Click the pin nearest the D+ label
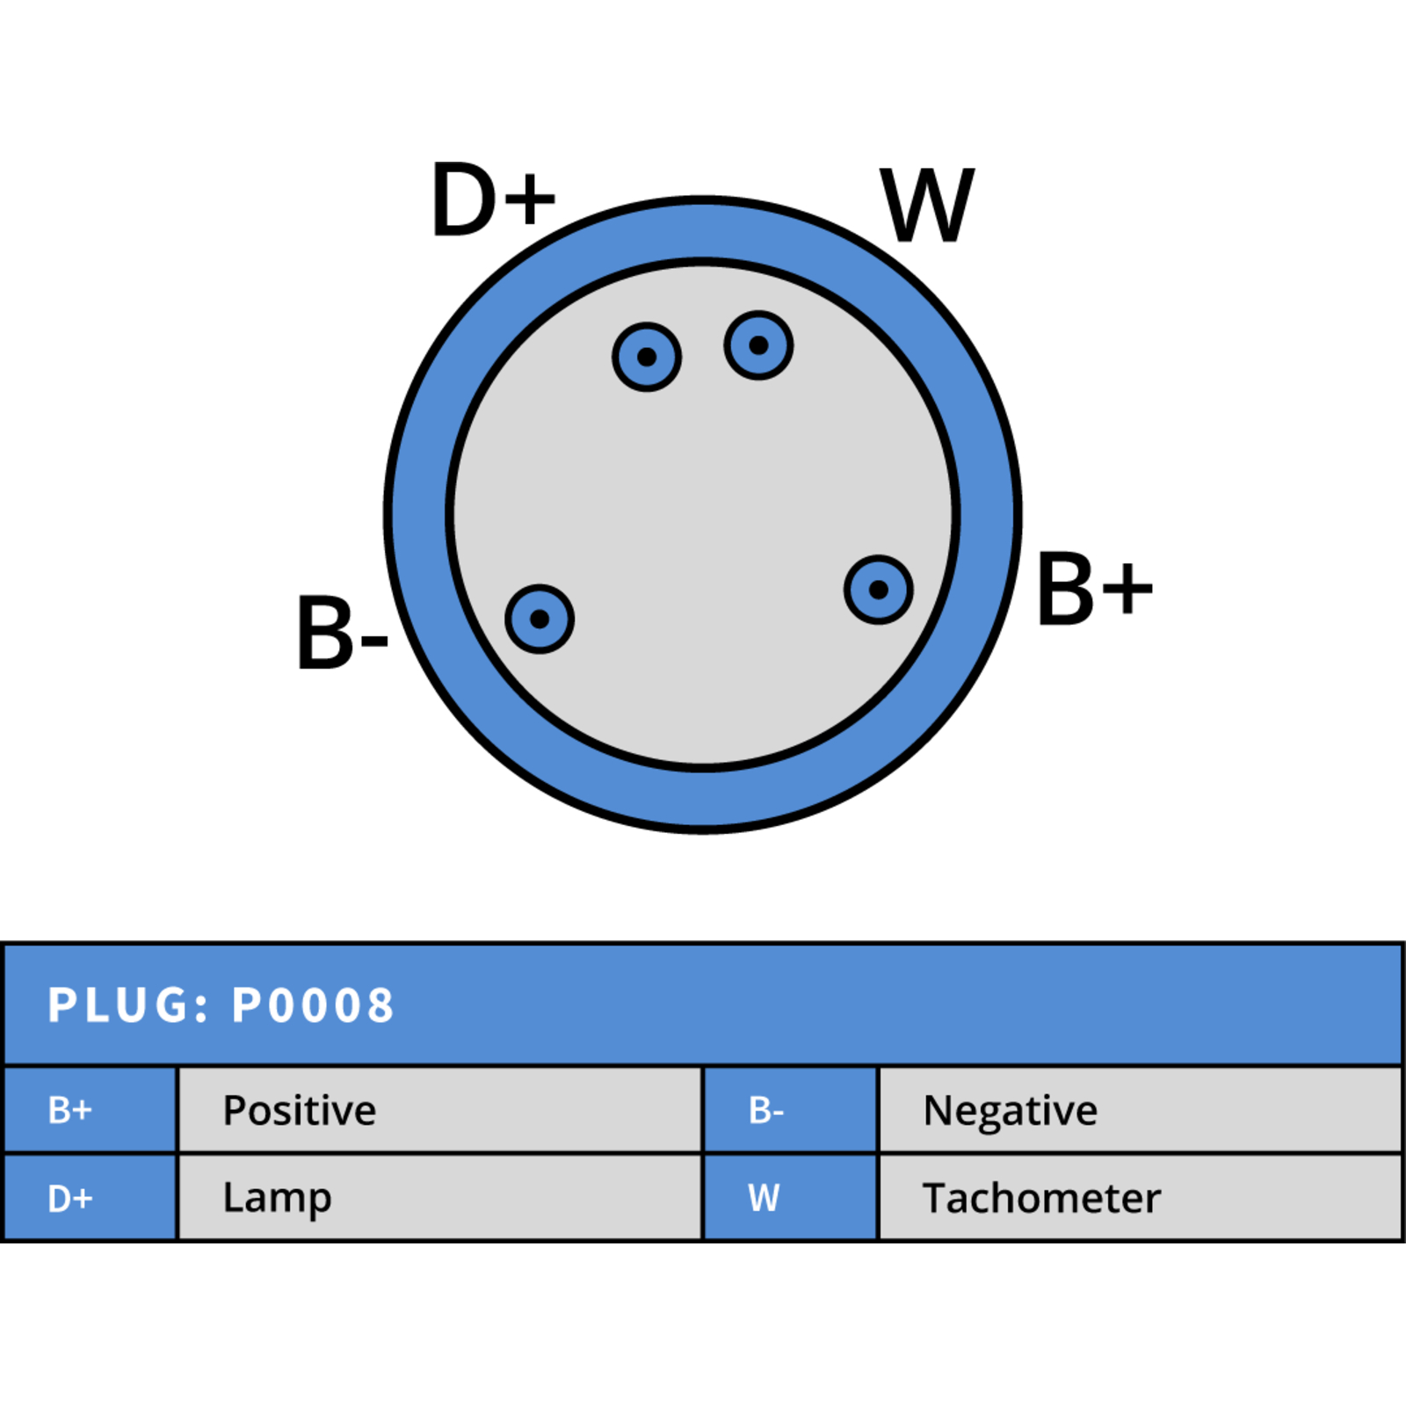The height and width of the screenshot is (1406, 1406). (647, 357)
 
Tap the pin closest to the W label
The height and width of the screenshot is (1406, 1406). (759, 345)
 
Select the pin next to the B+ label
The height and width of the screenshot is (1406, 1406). (879, 590)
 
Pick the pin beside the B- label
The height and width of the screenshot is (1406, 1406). (540, 619)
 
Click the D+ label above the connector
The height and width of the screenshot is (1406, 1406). (494, 200)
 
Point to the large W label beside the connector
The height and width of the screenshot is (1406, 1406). (928, 205)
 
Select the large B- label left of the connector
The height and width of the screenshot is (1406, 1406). (343, 632)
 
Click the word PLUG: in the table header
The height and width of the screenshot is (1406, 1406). (129, 1005)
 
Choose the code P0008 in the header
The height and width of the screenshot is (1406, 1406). (313, 1005)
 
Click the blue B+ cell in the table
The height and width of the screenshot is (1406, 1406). (91, 1111)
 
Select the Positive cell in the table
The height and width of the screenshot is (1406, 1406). (440, 1111)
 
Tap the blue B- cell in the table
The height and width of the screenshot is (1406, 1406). (791, 1111)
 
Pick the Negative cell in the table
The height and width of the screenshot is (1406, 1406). (1140, 1111)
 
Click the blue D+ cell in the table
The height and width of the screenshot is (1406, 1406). (91, 1198)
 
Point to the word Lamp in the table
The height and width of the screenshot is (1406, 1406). (278, 1199)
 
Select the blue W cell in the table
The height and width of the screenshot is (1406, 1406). (791, 1198)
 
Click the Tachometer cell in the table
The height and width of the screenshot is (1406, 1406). (1140, 1198)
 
